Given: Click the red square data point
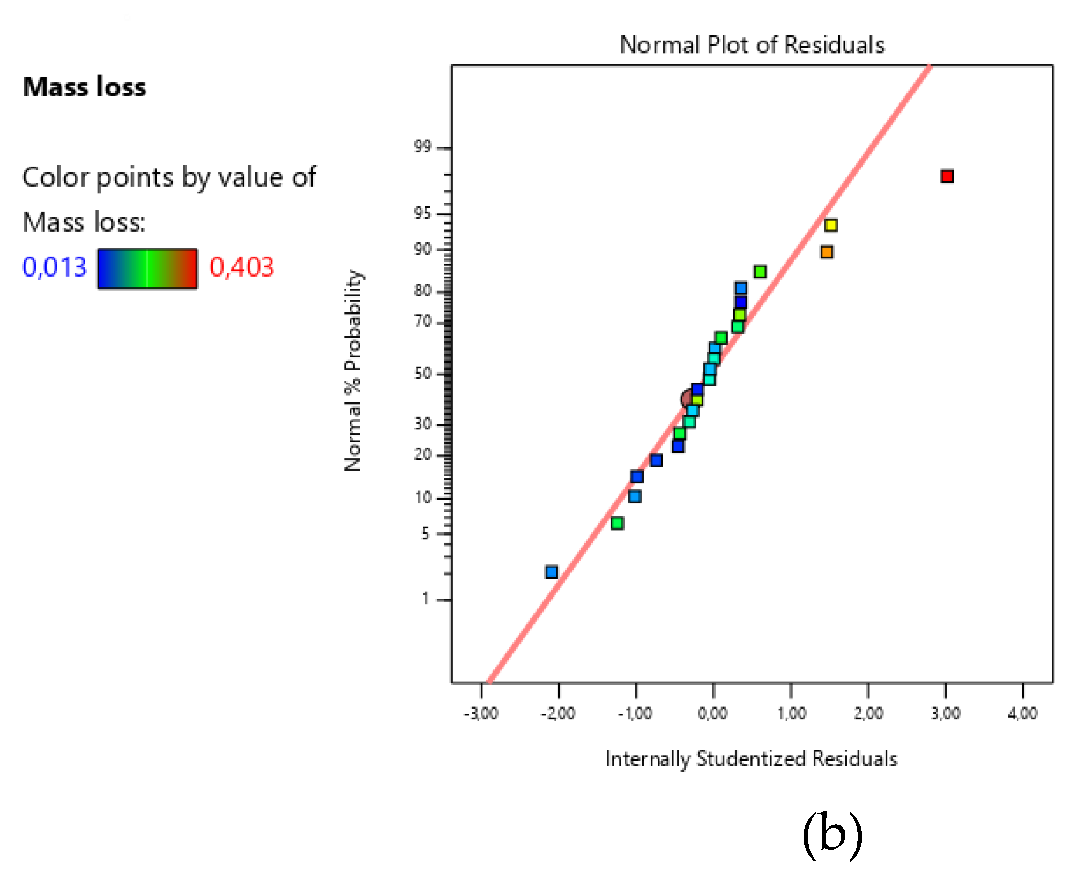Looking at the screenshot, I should (x=947, y=176).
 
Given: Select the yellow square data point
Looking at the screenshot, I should (x=831, y=225).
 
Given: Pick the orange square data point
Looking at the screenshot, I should (x=827, y=252).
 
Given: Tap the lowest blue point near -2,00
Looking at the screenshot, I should (x=552, y=572).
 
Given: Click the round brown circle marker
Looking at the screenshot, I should (x=688, y=398).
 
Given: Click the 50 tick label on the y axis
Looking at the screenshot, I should (x=423, y=373).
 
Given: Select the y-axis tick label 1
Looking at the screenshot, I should (x=426, y=599).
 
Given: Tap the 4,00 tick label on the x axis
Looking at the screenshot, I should (x=1022, y=713).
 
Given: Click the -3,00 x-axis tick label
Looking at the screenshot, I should (x=481, y=713).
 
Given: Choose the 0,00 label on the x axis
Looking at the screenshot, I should (x=712, y=713).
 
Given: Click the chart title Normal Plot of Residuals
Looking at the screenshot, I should (x=752, y=45).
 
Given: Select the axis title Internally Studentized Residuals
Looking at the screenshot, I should (x=751, y=759).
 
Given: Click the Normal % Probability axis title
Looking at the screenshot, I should (x=353, y=370).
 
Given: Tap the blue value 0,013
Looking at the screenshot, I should (x=54, y=267).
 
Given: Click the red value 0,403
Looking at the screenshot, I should (x=241, y=267).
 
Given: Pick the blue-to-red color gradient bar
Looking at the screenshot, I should (x=147, y=269).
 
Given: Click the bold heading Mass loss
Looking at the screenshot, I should (x=84, y=87).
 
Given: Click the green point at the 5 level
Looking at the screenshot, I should (x=617, y=523).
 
